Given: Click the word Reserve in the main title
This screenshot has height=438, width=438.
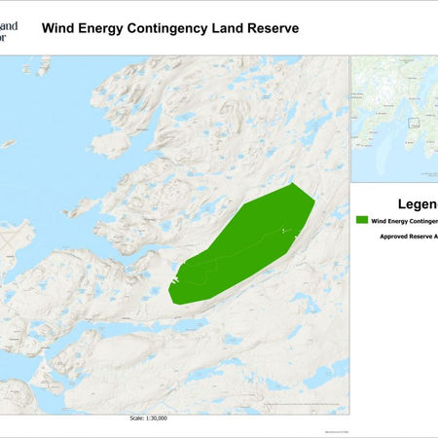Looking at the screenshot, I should point(277,27).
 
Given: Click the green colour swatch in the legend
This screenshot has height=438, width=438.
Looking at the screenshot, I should point(362,221).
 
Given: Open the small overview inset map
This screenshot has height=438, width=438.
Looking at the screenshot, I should point(394,117).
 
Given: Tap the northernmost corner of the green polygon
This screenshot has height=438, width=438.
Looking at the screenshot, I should point(293,183).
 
